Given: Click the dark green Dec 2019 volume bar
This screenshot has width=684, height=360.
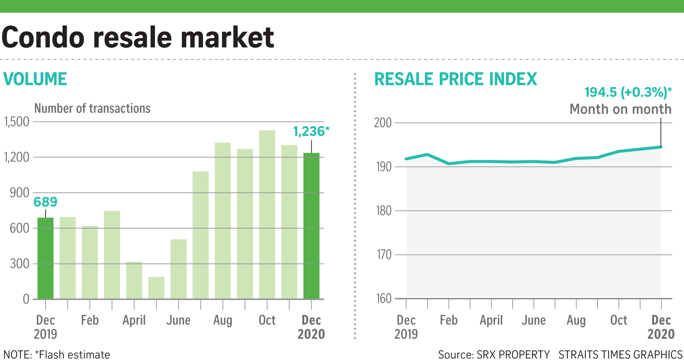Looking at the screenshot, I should click(x=46, y=258).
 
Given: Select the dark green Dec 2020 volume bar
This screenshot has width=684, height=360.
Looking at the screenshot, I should click(x=311, y=226).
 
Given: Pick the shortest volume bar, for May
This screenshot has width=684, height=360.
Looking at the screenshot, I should click(x=156, y=288).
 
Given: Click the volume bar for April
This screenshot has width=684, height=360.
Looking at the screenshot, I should click(x=134, y=280).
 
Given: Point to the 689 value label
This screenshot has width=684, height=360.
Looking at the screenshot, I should click(x=46, y=202).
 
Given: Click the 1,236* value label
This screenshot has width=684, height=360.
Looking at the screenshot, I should click(x=311, y=132).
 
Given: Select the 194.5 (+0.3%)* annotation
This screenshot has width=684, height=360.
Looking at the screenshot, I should click(x=628, y=93).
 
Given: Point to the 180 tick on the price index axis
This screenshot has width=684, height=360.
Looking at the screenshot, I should click(x=384, y=211).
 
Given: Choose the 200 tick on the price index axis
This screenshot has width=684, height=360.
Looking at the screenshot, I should click(x=383, y=123).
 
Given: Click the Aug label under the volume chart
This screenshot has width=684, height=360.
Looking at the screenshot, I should click(x=223, y=320).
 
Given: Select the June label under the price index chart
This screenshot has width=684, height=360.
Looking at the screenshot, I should click(x=534, y=320).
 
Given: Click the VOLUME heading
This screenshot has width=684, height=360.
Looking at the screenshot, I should click(x=35, y=79).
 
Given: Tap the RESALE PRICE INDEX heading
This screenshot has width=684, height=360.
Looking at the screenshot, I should click(x=456, y=79).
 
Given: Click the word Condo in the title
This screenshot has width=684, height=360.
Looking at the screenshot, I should click(x=43, y=37).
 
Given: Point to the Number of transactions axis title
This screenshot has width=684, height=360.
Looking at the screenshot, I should click(x=92, y=108).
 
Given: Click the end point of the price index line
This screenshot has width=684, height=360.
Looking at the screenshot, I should click(x=661, y=147).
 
